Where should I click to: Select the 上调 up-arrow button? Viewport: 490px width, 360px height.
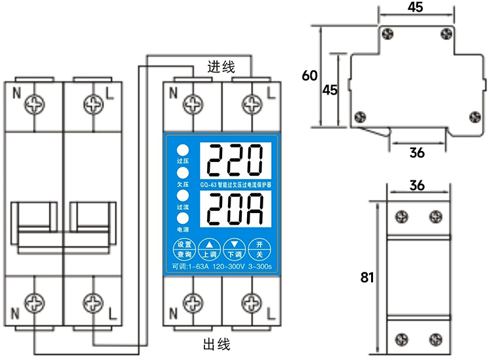coord(209,247)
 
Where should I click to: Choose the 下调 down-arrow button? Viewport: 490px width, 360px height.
coord(234,247)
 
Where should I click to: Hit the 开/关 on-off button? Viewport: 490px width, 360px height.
coord(259,247)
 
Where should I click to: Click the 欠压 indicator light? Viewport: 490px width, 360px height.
coord(183,172)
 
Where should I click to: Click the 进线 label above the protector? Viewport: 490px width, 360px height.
coord(221,67)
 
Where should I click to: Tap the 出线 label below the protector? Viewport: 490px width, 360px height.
coord(217,344)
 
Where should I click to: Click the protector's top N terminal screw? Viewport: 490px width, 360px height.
coord(193,103)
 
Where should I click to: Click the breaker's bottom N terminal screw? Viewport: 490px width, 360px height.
coord(35,303)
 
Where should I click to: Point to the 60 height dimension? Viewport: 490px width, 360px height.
coord(309,76)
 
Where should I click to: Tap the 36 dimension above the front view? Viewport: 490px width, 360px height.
coord(417,186)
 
